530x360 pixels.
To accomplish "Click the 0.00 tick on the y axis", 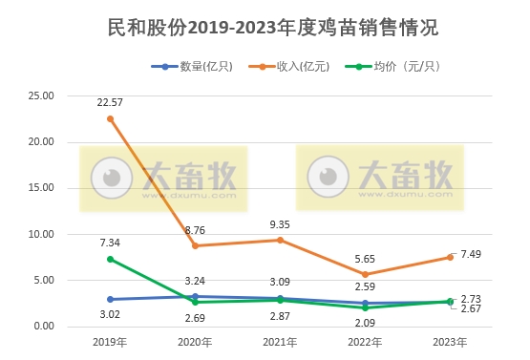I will point(43,327).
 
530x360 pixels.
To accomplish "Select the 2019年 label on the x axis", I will point(110,342).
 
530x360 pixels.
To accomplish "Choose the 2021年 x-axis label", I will point(280,342).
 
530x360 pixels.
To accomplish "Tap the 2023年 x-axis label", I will point(450,342).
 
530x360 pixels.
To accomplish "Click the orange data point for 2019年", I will point(111,118).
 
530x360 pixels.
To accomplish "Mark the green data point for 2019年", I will point(111,259).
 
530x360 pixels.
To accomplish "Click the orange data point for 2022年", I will point(365,274).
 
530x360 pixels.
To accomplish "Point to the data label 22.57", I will point(111,103).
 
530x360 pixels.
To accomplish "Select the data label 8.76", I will point(196,230).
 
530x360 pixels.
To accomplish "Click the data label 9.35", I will point(281,224).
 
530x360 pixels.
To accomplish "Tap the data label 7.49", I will point(472,254).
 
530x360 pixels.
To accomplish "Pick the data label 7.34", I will point(111,243).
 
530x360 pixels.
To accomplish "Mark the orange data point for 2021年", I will point(280,240).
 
